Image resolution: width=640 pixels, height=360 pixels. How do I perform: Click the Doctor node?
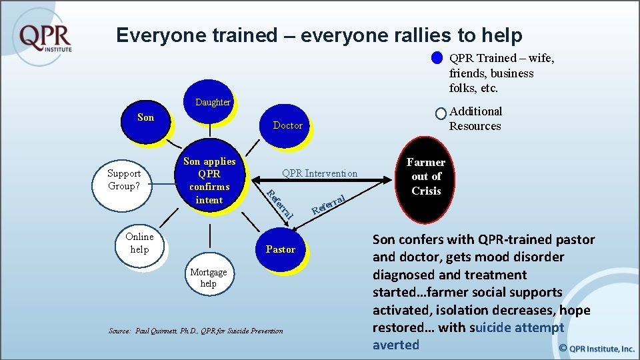coord(287,125)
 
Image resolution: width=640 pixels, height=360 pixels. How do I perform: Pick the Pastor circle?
coord(280,249)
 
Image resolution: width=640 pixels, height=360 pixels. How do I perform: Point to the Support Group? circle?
coord(124,180)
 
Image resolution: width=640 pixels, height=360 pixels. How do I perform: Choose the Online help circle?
coord(139,243)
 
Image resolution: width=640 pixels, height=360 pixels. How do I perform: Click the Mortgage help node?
coord(208,277)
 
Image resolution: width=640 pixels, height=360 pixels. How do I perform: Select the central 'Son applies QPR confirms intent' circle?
coord(209,180)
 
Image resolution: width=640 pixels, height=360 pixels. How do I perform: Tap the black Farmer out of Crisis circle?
coord(426,177)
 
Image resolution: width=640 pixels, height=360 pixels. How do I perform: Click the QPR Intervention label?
coord(319,174)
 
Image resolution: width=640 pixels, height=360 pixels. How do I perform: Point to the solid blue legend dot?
coord(437,59)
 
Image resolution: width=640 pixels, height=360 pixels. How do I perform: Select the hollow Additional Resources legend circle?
coord(440,113)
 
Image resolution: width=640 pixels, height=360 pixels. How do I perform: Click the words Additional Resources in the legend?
coord(475,119)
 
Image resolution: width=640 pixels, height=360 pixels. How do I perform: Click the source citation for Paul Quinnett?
coord(195,331)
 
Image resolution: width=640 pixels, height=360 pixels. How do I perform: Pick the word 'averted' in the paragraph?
coord(396,345)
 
